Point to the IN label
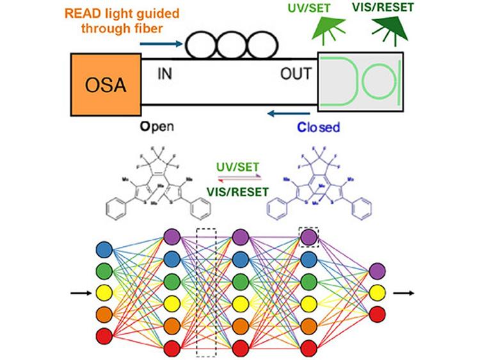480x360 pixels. (165, 74)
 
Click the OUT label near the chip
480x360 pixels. (296, 74)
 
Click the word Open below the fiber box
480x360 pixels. (157, 127)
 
